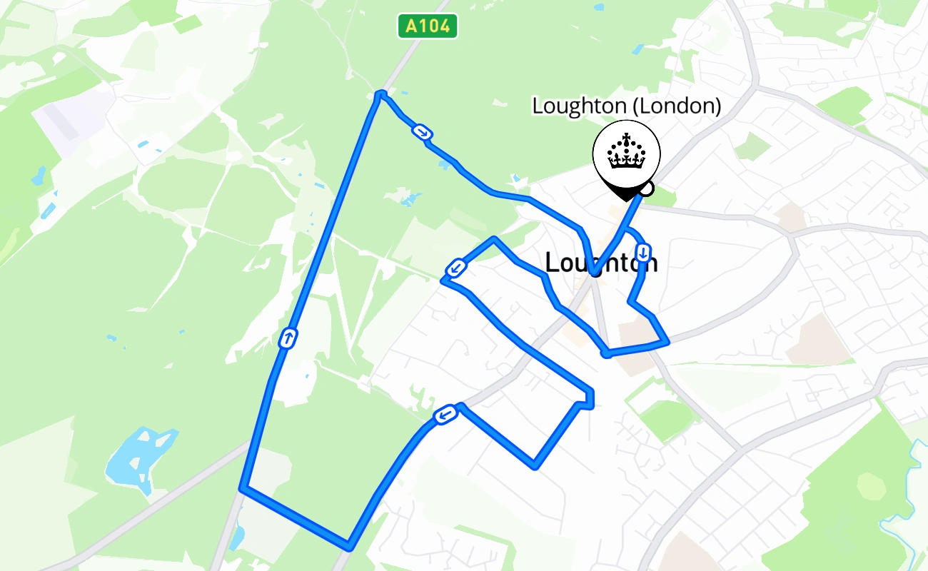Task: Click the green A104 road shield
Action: [427, 27]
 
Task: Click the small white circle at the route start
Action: [646, 188]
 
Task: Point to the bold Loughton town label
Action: [601, 263]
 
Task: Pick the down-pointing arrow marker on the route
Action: [643, 253]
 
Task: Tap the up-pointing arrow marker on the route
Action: [287, 338]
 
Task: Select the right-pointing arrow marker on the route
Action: [422, 131]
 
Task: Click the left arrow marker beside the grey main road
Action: [445, 415]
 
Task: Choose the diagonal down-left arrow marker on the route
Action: [455, 269]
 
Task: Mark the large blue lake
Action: [139, 457]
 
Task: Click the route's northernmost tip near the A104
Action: [380, 94]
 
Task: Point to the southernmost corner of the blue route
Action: [348, 547]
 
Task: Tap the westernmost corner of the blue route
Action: [243, 488]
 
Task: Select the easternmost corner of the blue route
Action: [667, 342]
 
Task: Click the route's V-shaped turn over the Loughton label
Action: [594, 272]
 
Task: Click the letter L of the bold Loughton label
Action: [551, 263]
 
